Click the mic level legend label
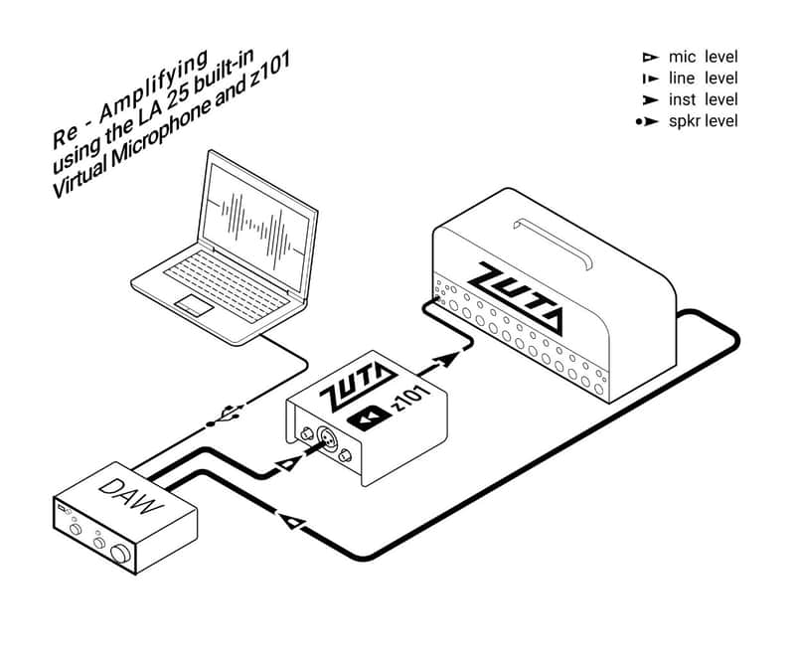click(703, 57)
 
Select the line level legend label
click(703, 79)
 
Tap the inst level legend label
click(703, 99)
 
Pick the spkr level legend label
click(703, 121)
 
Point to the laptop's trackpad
click(194, 305)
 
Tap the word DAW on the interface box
click(131, 497)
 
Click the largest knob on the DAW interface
click(120, 554)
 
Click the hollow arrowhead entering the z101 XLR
click(287, 463)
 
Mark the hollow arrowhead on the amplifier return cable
click(292, 522)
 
